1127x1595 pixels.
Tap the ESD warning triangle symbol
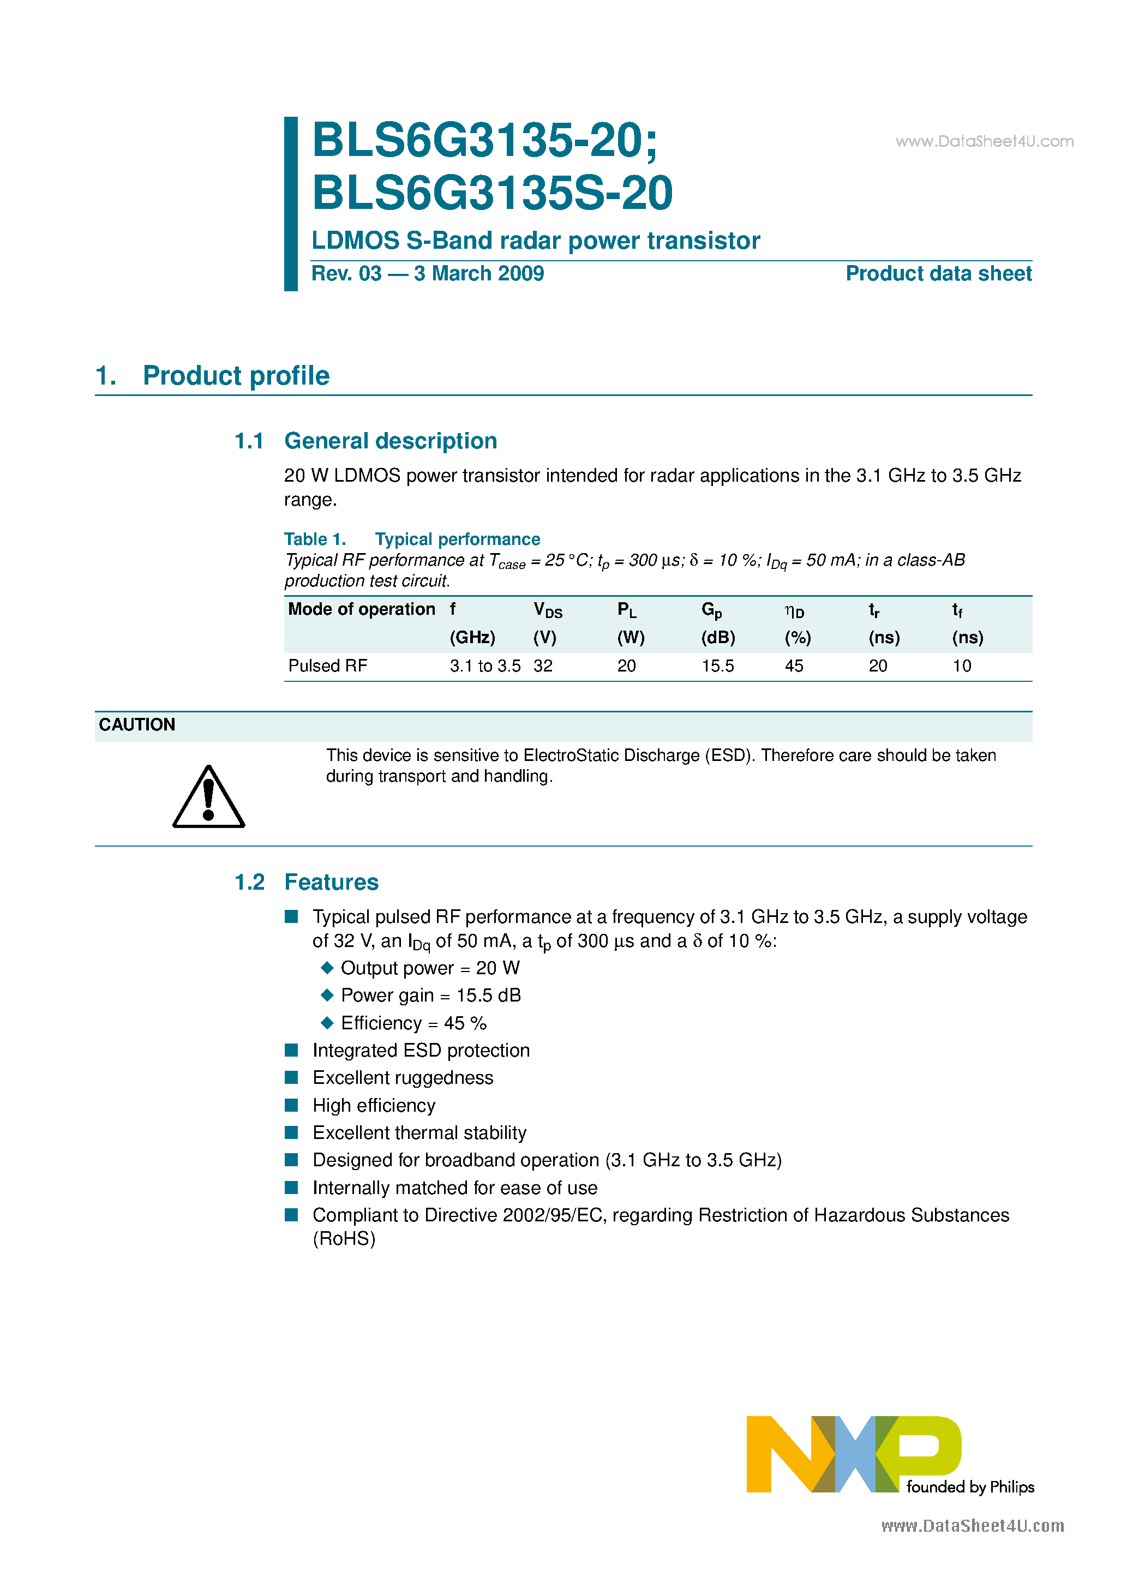(208, 798)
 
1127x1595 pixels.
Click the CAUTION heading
(137, 724)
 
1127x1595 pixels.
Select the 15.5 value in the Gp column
(717, 666)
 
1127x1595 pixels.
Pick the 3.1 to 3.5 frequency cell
(484, 666)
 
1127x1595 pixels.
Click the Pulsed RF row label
(327, 666)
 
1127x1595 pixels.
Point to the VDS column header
(548, 610)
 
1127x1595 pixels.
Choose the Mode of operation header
(361, 609)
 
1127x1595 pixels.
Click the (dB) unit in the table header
(718, 638)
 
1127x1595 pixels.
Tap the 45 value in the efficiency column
(794, 666)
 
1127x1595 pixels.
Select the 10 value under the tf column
(962, 666)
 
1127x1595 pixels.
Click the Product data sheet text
(938, 274)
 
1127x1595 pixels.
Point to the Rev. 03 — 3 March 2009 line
(427, 274)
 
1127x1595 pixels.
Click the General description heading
(391, 441)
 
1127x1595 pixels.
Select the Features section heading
(332, 882)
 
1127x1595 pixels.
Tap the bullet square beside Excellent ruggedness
(292, 1077)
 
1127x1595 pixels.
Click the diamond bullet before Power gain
(327, 995)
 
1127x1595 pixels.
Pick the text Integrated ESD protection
(421, 1051)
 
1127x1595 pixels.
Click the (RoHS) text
(344, 1239)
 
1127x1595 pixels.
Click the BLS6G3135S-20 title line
(492, 193)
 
